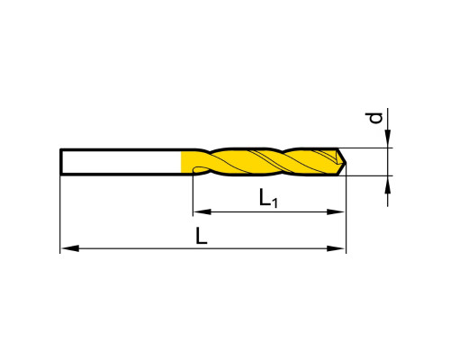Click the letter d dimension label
click(376, 118)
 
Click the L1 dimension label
click(268, 198)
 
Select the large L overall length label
click(202, 236)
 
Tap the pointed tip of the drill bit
click(346, 162)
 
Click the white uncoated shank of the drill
click(121, 162)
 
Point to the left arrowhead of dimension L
click(70, 248)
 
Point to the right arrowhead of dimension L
click(336, 248)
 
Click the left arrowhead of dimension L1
click(202, 212)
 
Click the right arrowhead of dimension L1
click(336, 212)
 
